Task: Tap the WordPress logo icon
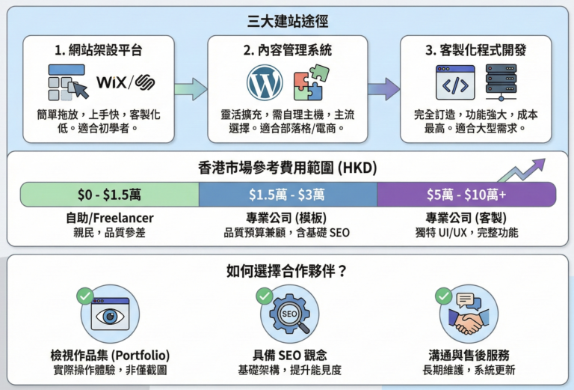264,82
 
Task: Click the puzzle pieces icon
309,84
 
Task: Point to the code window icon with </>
455,83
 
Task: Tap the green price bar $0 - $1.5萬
110,194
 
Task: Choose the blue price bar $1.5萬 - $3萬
287,194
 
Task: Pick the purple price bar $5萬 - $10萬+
466,194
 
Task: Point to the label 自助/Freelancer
110,218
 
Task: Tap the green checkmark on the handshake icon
444,294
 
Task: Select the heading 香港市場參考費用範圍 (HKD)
287,168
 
